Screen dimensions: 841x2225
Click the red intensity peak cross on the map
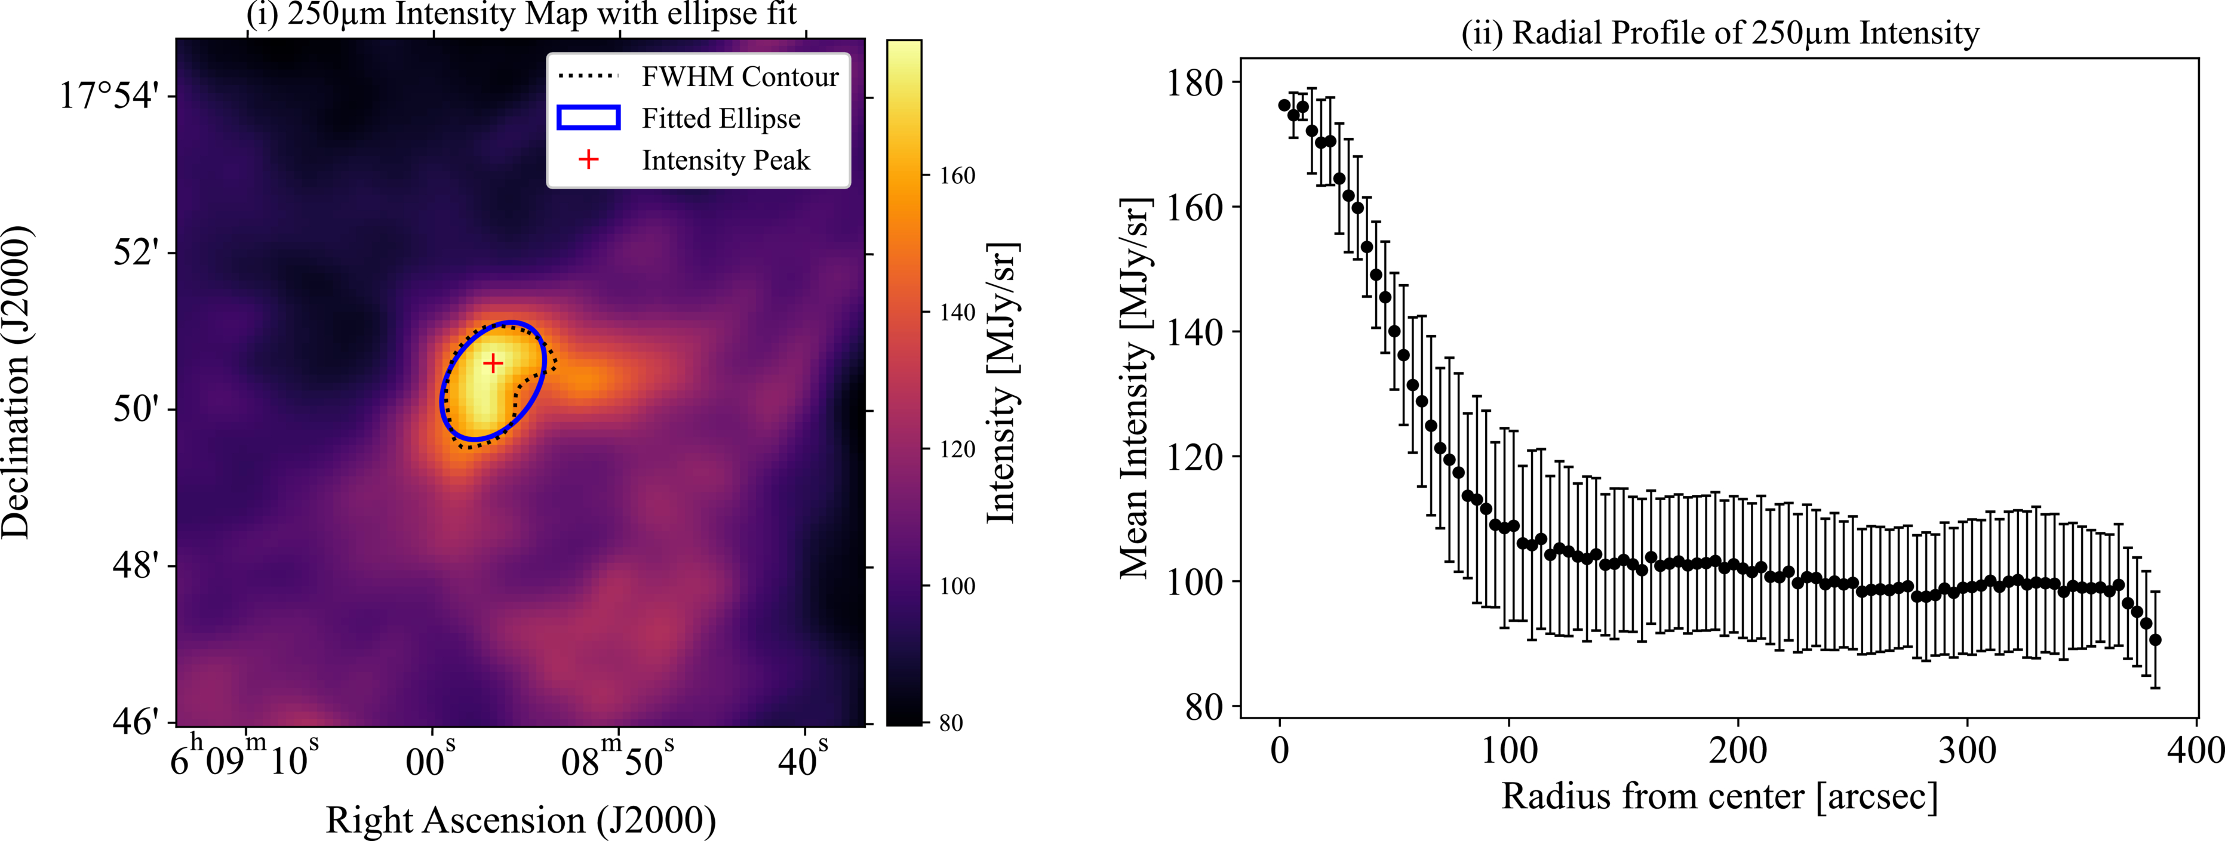tap(492, 363)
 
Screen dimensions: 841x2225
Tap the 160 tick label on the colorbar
tap(957, 176)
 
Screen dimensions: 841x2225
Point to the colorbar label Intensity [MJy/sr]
tap(1002, 383)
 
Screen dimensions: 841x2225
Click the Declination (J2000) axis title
tap(17, 383)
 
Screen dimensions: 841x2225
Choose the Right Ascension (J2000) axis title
tap(521, 820)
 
